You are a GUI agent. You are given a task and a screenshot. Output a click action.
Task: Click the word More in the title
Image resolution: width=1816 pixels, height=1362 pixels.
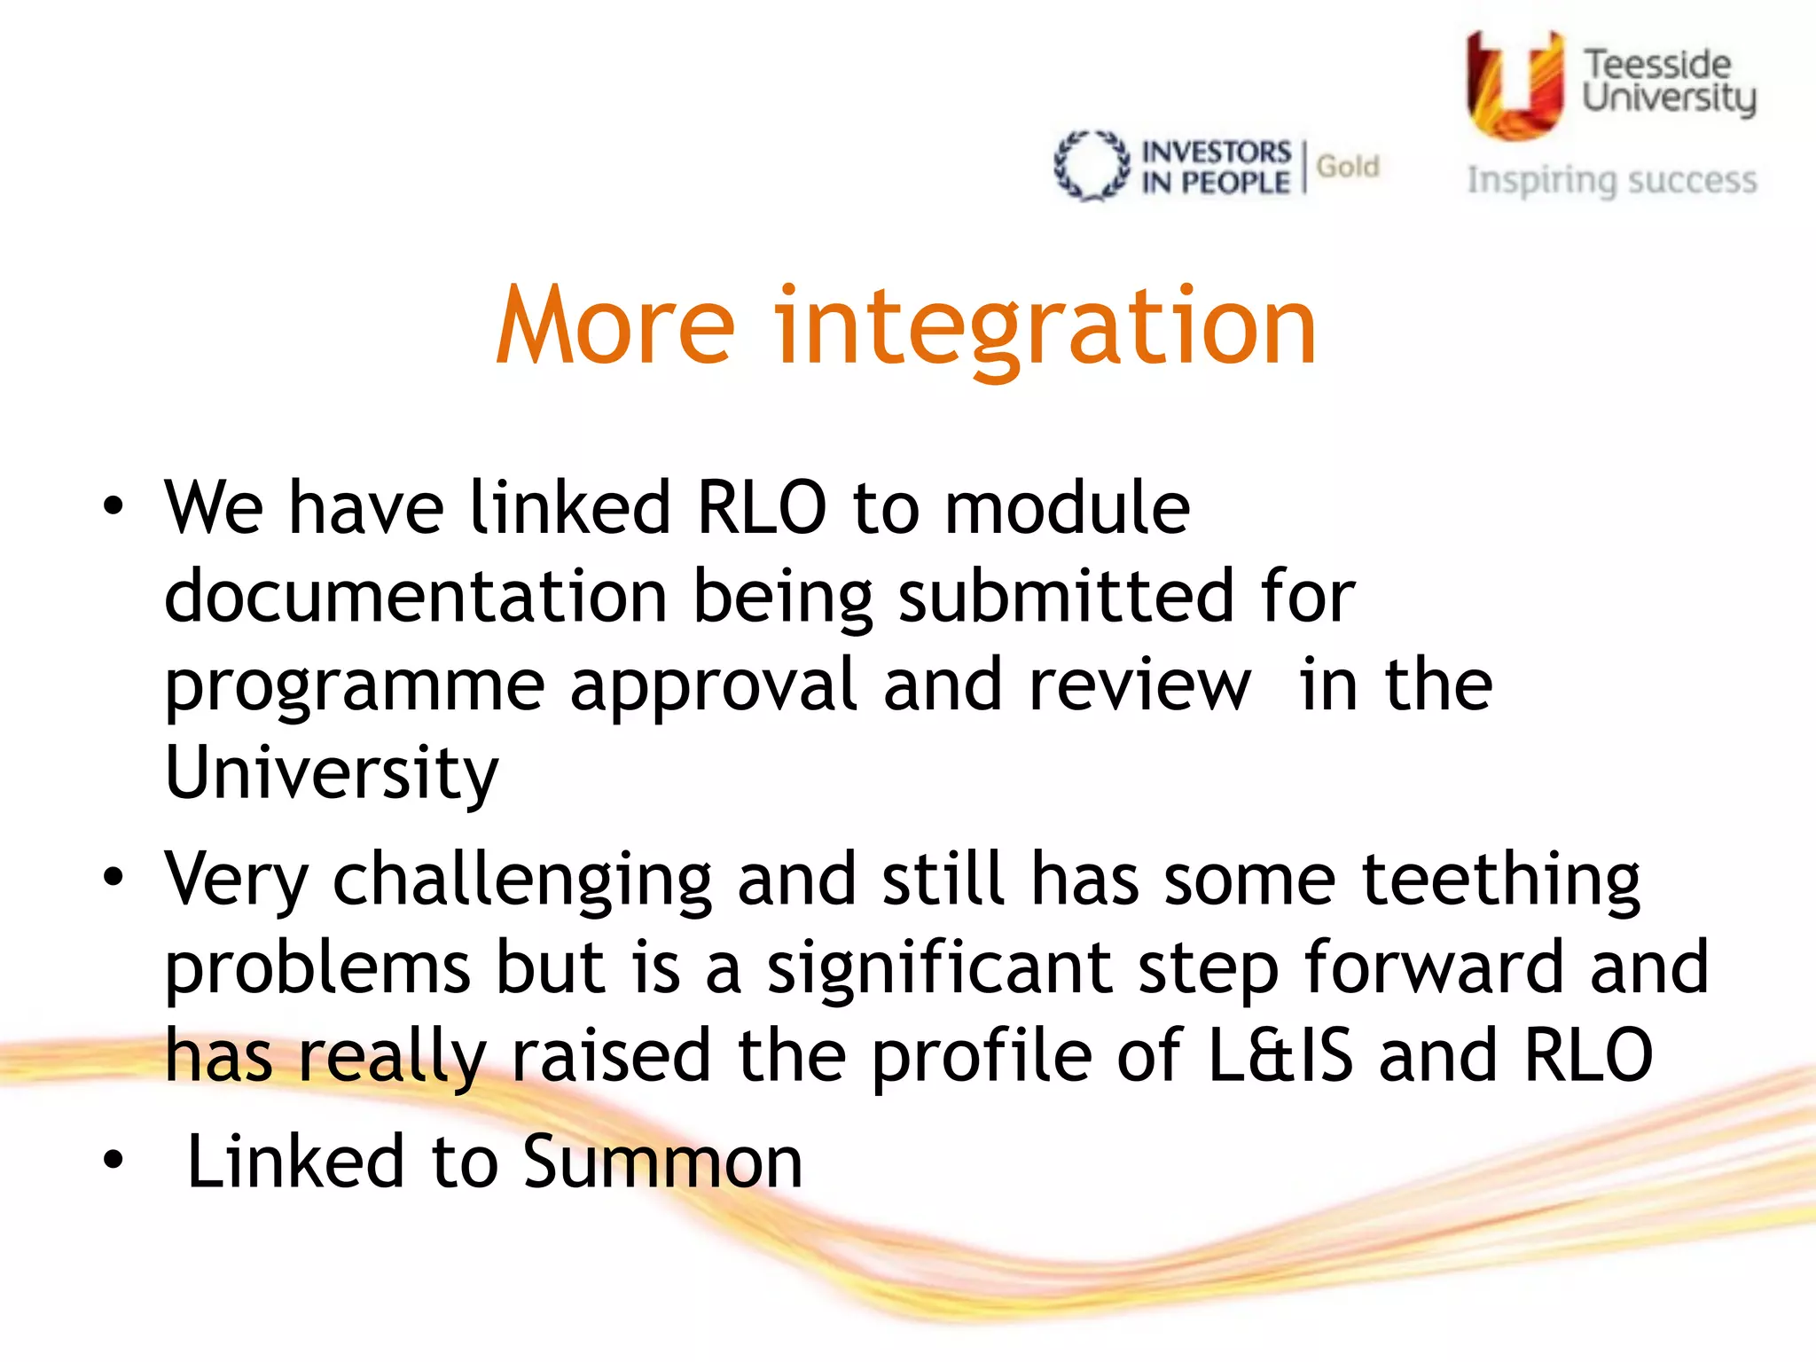615,325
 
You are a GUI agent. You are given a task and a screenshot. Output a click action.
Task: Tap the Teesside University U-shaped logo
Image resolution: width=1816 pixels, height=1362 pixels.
1515,85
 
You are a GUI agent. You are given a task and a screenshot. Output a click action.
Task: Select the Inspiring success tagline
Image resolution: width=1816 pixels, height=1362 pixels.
1611,180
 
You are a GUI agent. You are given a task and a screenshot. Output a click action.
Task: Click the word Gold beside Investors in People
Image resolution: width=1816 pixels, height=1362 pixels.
1348,167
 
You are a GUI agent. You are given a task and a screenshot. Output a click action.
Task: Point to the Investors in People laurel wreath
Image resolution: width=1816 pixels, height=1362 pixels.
1092,167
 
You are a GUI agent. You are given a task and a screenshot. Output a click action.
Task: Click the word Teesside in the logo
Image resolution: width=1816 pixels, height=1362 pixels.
1656,64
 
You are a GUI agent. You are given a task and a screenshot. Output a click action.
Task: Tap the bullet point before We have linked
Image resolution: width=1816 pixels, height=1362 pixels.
113,507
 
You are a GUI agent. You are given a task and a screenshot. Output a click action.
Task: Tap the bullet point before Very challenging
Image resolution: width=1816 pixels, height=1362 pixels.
113,878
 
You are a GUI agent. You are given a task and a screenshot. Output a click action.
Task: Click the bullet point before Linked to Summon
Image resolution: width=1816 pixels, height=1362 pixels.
113,1160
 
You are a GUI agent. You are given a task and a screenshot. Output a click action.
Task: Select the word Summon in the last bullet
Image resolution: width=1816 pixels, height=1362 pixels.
662,1162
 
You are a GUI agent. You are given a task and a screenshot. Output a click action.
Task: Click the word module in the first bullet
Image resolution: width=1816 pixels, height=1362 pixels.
1067,507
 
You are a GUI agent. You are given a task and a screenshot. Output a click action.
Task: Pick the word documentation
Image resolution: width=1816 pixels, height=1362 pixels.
415,596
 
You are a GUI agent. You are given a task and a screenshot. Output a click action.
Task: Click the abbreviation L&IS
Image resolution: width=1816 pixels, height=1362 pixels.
1280,1055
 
